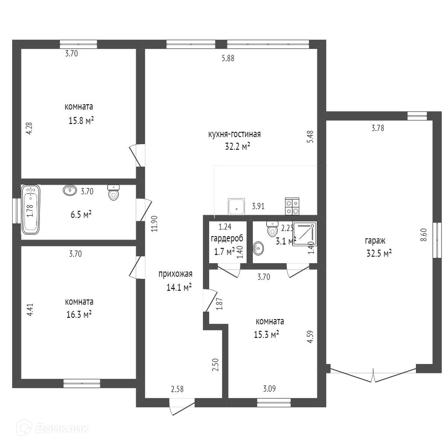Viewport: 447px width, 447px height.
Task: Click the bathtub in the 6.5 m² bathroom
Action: pyautogui.click(x=31, y=210)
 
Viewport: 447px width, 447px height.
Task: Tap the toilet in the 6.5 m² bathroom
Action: pyautogui.click(x=113, y=193)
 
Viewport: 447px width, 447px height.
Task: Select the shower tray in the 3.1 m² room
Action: pyautogui.click(x=305, y=234)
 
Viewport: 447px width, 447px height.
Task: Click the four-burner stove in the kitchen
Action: pyautogui.click(x=292, y=206)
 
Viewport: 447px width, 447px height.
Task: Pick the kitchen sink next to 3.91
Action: pyautogui.click(x=236, y=206)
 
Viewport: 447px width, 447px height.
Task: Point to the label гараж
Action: pyautogui.click(x=375, y=241)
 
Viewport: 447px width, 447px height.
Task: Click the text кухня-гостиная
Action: pyautogui.click(x=234, y=134)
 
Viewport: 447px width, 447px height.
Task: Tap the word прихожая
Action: pyautogui.click(x=175, y=274)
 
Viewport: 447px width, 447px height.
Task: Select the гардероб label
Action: pyautogui.click(x=227, y=239)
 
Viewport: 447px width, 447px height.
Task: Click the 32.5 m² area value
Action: pyautogui.click(x=379, y=253)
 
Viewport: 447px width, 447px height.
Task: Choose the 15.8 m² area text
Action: pyautogui.click(x=81, y=120)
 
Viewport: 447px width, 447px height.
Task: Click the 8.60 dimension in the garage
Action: pyautogui.click(x=423, y=235)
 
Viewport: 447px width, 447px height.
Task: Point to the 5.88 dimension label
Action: pyautogui.click(x=228, y=58)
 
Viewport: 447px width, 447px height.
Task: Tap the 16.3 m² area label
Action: pyautogui.click(x=79, y=314)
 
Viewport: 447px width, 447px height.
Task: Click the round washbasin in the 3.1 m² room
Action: pyautogui.click(x=258, y=248)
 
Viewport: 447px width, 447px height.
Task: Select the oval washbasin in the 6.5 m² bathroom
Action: pyautogui.click(x=70, y=190)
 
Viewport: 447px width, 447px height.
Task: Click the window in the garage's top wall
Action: pyautogui.click(x=417, y=115)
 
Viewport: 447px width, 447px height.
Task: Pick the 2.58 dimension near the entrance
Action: pyautogui.click(x=177, y=389)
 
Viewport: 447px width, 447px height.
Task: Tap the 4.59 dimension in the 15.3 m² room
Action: pyautogui.click(x=310, y=337)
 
